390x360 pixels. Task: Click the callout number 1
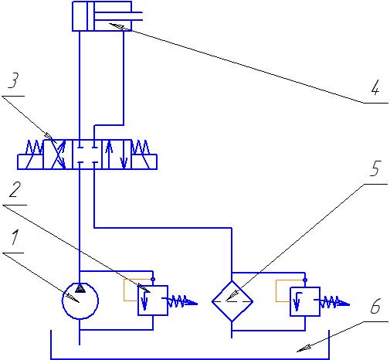point(15,237)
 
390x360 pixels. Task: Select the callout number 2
point(15,189)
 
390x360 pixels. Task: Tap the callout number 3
point(13,80)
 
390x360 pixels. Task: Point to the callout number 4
point(375,87)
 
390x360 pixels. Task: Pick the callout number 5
point(375,168)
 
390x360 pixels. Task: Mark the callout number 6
point(375,306)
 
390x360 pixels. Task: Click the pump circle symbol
point(80,301)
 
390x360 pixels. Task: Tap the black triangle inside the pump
point(80,289)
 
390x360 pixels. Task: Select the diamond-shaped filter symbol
point(232,301)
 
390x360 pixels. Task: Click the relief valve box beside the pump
point(153,301)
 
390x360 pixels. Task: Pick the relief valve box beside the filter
point(305,301)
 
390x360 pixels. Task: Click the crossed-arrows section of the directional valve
point(58,155)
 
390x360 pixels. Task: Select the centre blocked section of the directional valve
point(87,155)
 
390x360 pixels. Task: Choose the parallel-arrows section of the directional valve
point(117,155)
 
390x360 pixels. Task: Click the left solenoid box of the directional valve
point(30,161)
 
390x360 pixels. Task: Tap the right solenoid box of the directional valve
point(144,161)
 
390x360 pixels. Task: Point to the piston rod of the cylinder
point(118,16)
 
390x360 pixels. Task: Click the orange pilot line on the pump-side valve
point(124,290)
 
